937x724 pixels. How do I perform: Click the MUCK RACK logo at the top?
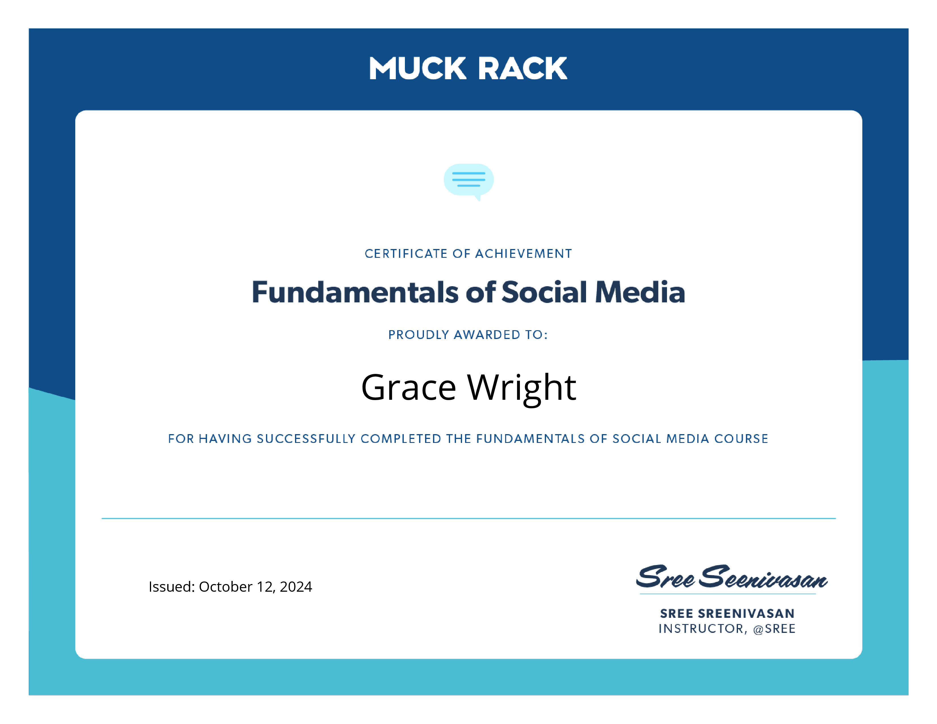click(468, 69)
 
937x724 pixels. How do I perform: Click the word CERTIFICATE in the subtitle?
click(406, 254)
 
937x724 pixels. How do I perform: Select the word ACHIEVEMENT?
click(523, 254)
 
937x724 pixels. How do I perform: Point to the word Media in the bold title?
click(640, 292)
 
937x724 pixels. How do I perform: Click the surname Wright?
click(522, 388)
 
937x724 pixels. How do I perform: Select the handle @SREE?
click(774, 629)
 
